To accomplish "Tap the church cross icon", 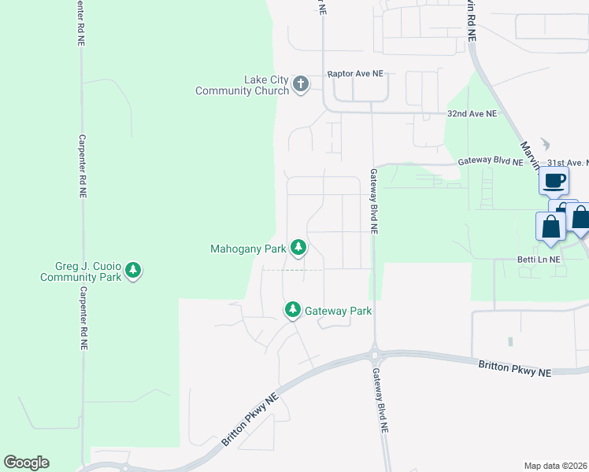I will pyautogui.click(x=300, y=84).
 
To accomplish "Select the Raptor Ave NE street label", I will pyautogui.click(x=355, y=74).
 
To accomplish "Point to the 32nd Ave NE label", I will pyautogui.click(x=472, y=113).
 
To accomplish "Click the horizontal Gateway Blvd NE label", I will pyautogui.click(x=491, y=162).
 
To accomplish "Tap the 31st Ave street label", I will pyautogui.click(x=565, y=162).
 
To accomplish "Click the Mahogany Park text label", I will pyautogui.click(x=247, y=249).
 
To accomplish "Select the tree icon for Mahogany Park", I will pyautogui.click(x=298, y=248).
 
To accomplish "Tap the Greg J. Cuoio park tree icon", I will pyautogui.click(x=133, y=271).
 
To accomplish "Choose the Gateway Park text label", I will pyautogui.click(x=338, y=311).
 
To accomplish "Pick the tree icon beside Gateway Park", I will pyautogui.click(x=293, y=310).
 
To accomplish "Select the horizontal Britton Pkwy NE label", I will pyautogui.click(x=514, y=367).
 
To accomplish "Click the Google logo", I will pyautogui.click(x=26, y=463).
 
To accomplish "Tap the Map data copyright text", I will pyautogui.click(x=555, y=466).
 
